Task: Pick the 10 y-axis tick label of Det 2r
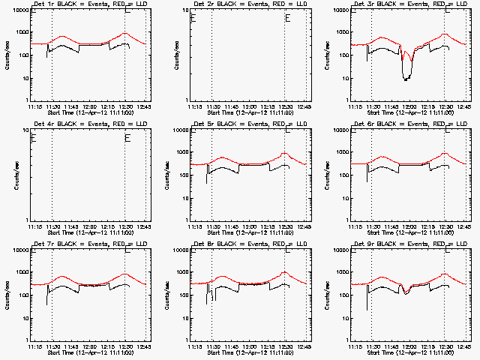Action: pos(184,10)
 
